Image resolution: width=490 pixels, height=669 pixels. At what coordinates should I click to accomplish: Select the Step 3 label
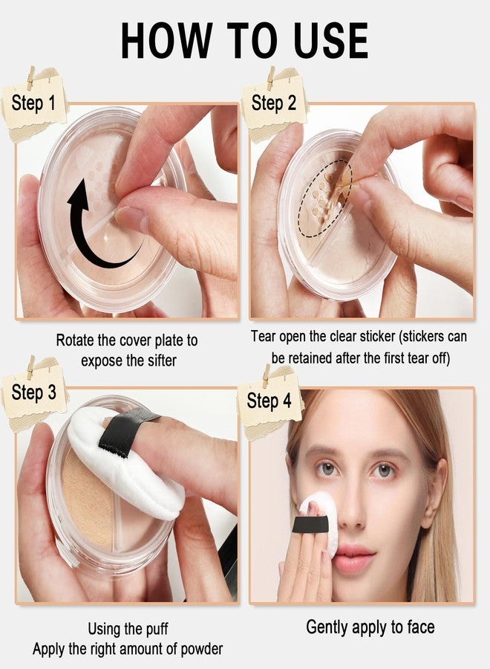[x=33, y=392]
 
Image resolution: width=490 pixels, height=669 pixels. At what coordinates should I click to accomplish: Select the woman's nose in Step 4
[x=354, y=513]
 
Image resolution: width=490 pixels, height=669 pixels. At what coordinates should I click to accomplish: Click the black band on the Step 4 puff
[x=310, y=524]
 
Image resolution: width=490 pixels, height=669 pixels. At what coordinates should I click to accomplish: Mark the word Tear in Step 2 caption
[x=264, y=336]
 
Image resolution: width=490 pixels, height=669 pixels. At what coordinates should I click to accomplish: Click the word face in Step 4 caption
[x=418, y=627]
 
